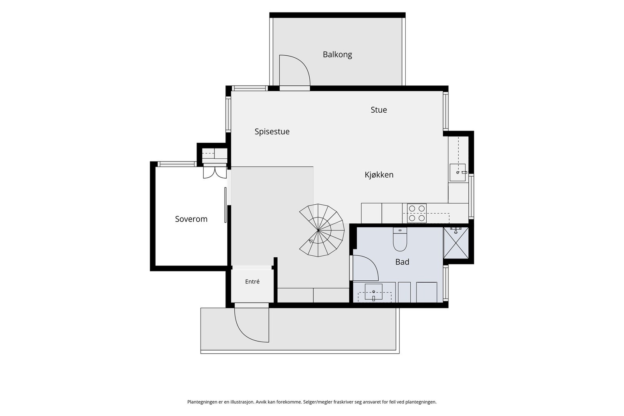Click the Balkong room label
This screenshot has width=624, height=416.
coord(337,55)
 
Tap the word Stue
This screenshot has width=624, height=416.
coord(379,110)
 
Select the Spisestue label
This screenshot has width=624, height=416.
coord(272,132)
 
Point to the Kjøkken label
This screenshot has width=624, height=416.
coord(379,175)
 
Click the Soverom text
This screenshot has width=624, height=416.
coord(191,219)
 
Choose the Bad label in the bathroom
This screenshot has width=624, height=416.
coord(402,262)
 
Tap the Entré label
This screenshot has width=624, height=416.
coord(252,282)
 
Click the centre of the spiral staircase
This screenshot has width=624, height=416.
coord(318,230)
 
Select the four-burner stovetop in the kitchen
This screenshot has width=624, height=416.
coord(417,213)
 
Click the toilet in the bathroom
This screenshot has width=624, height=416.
coord(400,239)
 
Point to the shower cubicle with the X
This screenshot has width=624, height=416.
coord(456,243)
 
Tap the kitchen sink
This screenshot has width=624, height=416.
coord(458,173)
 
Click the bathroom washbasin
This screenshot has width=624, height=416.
coord(374,292)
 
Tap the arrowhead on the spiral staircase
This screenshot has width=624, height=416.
coord(311,241)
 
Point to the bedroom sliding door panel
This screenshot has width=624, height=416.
coord(225,205)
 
